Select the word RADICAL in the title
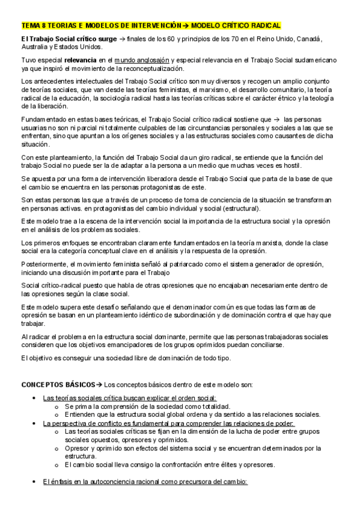click(263, 26)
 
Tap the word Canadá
click(309, 39)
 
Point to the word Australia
click(34, 46)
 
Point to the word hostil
click(291, 165)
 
